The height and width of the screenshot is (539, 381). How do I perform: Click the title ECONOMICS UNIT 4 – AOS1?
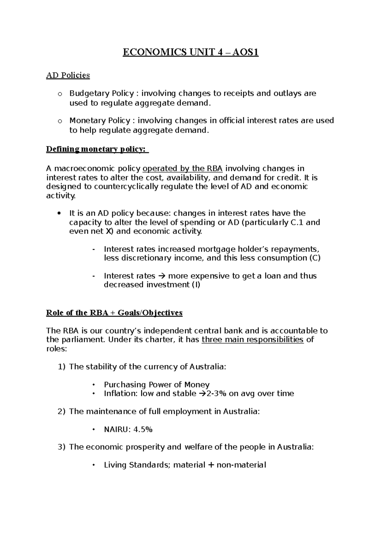pos(190,52)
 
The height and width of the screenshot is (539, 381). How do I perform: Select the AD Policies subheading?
pos(68,76)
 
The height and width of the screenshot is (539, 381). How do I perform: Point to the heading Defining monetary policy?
pos(97,149)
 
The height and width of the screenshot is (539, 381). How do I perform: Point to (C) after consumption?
pos(315,258)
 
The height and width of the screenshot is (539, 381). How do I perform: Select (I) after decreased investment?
pos(196,285)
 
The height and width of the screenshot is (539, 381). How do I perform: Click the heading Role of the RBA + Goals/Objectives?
pos(114,313)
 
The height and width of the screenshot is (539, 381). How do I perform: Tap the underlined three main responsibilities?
pos(252,340)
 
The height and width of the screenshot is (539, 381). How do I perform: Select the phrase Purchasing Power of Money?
pos(157,385)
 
